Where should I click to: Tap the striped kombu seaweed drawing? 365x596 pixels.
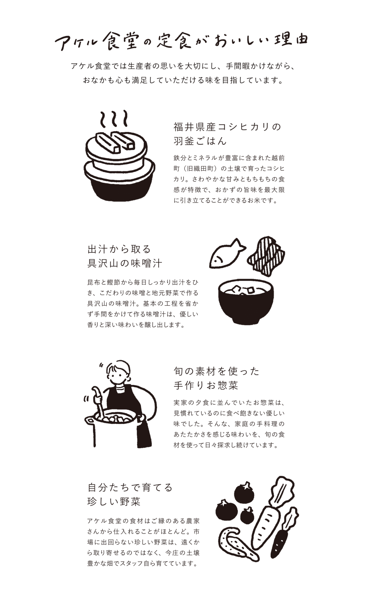[x=266, y=256]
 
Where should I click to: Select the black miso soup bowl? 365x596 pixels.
[x=246, y=306]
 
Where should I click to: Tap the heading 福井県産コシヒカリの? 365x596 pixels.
[x=227, y=127]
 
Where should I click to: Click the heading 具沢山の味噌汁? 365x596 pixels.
[x=125, y=264]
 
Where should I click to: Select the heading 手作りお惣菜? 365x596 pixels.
[x=206, y=386]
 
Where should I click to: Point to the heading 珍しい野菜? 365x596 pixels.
[x=114, y=501]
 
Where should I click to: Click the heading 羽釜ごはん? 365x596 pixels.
[x=200, y=141]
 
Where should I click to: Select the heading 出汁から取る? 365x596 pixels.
[x=119, y=249]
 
